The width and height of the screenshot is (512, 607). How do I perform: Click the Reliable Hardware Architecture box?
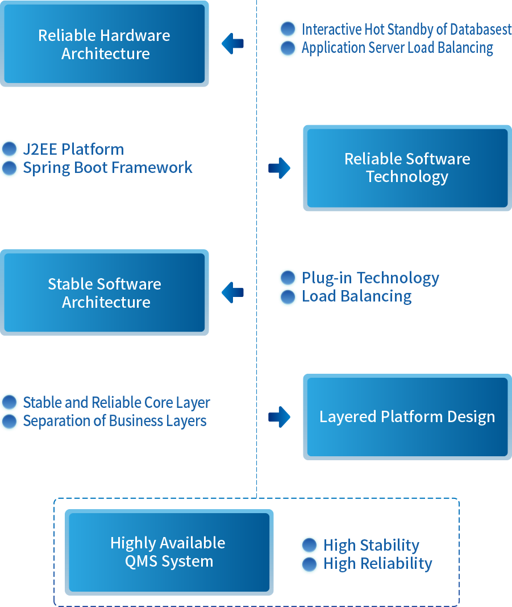tap(105, 44)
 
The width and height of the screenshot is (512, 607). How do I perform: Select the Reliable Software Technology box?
tap(407, 168)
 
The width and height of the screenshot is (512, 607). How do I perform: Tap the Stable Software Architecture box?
tap(105, 292)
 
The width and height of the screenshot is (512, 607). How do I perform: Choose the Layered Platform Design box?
tap(407, 416)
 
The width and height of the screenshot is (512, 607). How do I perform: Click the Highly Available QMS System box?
tap(169, 552)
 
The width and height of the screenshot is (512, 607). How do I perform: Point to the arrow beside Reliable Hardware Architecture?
tap(232, 44)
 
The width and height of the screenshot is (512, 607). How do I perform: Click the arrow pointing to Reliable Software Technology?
tap(279, 168)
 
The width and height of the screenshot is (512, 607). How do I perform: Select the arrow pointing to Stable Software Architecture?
tap(232, 292)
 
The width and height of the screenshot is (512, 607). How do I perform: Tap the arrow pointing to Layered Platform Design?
tap(279, 416)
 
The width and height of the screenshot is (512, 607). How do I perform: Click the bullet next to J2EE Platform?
tap(10, 150)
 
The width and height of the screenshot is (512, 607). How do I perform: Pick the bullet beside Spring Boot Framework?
tap(10, 168)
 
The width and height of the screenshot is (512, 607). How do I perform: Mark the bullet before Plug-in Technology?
tap(288, 278)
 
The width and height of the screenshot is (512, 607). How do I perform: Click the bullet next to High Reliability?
tap(310, 564)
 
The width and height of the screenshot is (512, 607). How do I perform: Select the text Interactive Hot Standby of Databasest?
tap(406, 30)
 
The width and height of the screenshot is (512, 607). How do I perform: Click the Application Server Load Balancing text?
tap(397, 48)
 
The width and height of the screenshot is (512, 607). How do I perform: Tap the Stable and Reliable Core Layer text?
tap(116, 403)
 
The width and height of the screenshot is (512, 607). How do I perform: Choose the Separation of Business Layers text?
tap(115, 421)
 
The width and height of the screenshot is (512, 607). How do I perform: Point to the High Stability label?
tap(372, 546)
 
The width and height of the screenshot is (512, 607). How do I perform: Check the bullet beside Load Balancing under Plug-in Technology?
tap(288, 296)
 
